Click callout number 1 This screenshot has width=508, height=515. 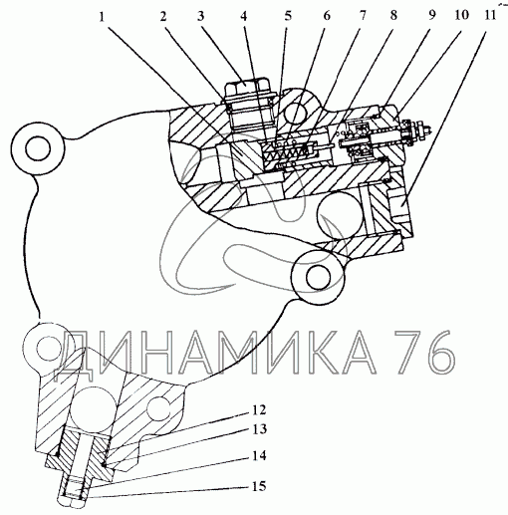point(102,16)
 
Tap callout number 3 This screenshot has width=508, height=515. point(200,16)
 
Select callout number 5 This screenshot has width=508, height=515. point(288,16)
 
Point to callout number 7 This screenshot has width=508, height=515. point(363,15)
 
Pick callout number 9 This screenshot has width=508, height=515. point(431,15)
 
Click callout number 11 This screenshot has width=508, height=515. point(490,15)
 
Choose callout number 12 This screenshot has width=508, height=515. point(259,409)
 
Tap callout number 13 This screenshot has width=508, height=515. point(259,429)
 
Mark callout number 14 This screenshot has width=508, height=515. point(259,455)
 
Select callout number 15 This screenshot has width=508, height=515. point(259,486)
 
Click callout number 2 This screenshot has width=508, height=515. point(163,16)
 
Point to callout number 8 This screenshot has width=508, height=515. point(393,15)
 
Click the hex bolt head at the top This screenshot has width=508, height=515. point(246,86)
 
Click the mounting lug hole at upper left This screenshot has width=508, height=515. point(38,148)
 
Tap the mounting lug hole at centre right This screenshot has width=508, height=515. point(319,277)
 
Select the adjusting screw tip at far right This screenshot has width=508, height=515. point(429,130)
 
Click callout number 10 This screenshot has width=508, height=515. point(461,15)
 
